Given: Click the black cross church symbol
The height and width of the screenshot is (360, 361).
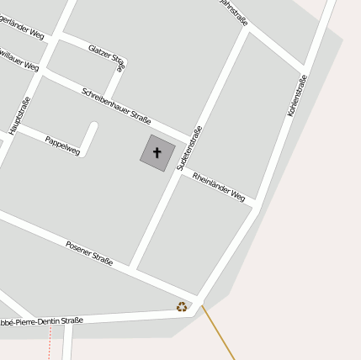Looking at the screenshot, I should click(x=157, y=152).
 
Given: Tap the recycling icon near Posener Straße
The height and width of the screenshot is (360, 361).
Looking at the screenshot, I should click(x=182, y=307).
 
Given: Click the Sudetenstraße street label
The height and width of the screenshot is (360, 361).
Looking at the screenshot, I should click(x=188, y=148).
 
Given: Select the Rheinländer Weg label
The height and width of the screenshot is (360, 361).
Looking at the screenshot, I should click(x=218, y=187).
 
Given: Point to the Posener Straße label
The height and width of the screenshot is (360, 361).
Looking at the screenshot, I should click(x=89, y=253).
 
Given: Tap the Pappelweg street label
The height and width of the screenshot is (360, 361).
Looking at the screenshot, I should click(x=62, y=146).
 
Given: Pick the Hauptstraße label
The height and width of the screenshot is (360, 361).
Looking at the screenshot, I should click(x=19, y=115).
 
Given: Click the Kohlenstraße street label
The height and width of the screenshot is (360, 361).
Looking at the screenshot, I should click(x=297, y=95).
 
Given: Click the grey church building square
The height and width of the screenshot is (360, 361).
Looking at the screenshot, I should click(x=148, y=160).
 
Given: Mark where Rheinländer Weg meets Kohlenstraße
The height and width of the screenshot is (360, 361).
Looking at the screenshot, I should click(x=254, y=205).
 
